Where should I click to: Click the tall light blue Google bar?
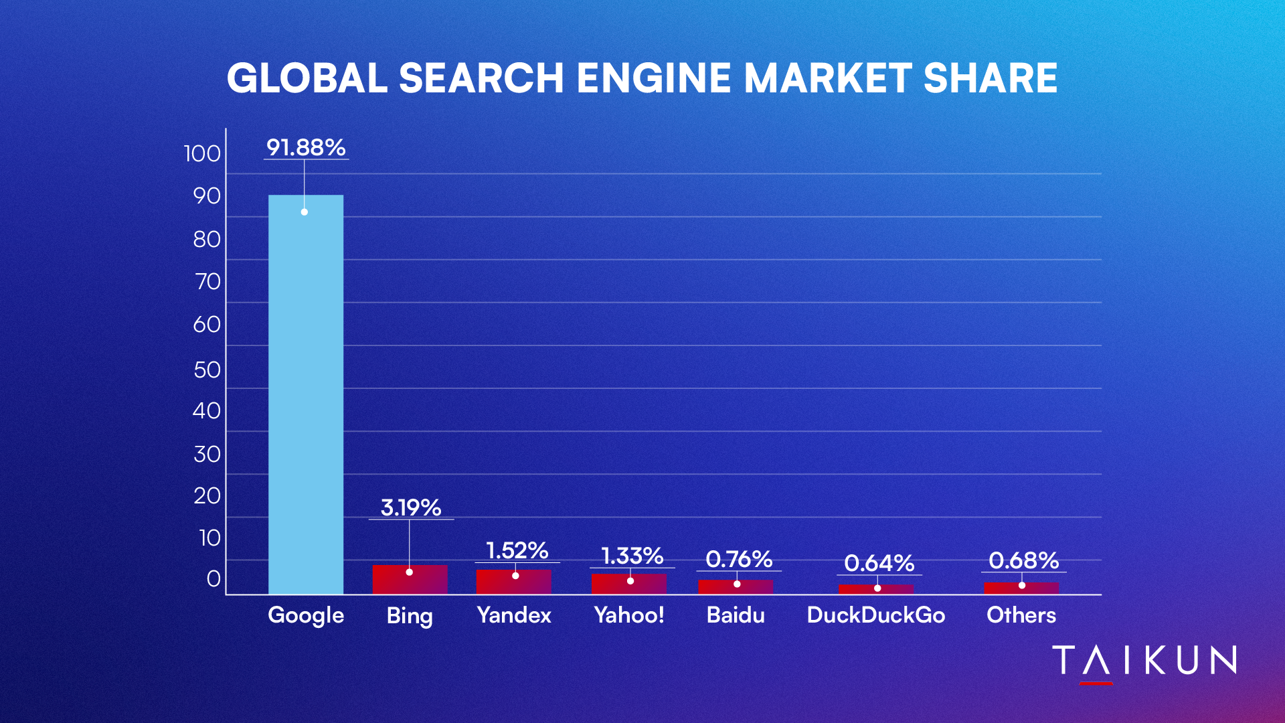tap(306, 394)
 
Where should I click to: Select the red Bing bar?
tap(410, 580)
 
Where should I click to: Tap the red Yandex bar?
tap(513, 582)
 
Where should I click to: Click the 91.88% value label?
tap(306, 147)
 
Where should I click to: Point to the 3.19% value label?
tap(411, 507)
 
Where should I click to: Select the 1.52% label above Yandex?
tap(517, 550)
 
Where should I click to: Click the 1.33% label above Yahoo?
tap(632, 556)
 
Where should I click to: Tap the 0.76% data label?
tap(739, 559)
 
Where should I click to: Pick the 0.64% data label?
tap(879, 563)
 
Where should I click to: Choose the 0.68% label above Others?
tap(1023, 560)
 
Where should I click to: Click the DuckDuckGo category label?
tap(875, 615)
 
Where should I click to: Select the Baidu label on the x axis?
tap(736, 615)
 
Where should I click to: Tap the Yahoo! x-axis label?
tap(629, 615)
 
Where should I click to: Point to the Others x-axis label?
tap(1021, 615)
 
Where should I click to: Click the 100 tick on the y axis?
tap(202, 154)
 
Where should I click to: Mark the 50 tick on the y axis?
tap(207, 370)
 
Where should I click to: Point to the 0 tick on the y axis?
tap(213, 578)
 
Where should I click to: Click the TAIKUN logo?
tap(1144, 661)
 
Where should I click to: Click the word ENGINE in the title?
tap(653, 78)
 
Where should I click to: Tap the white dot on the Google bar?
tap(304, 212)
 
